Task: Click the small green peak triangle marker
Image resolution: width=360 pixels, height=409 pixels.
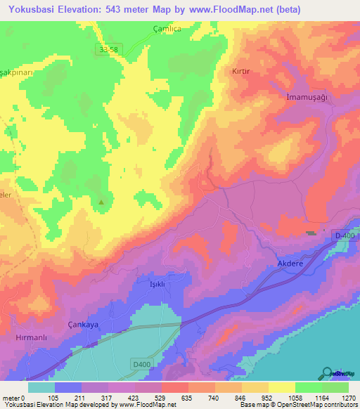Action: coord(102,203)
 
